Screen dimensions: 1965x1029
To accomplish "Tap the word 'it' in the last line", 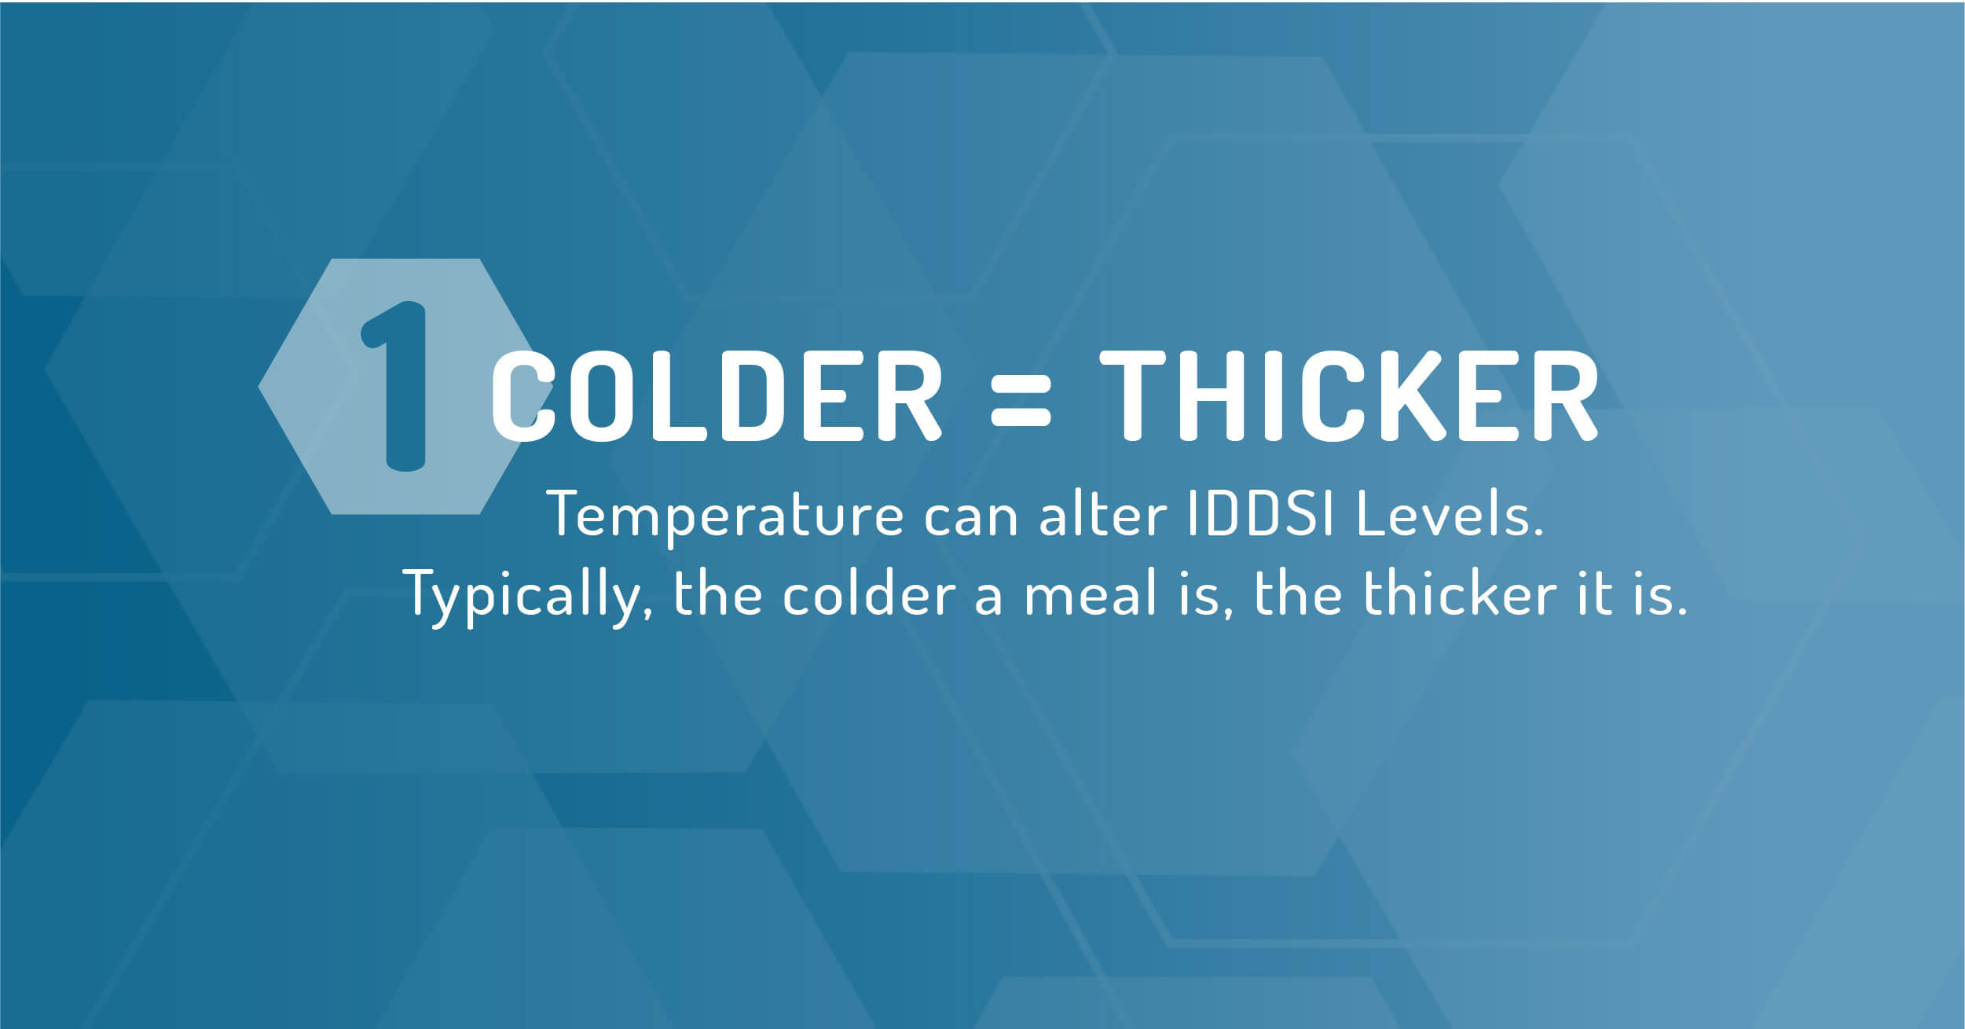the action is coord(1594,593).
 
